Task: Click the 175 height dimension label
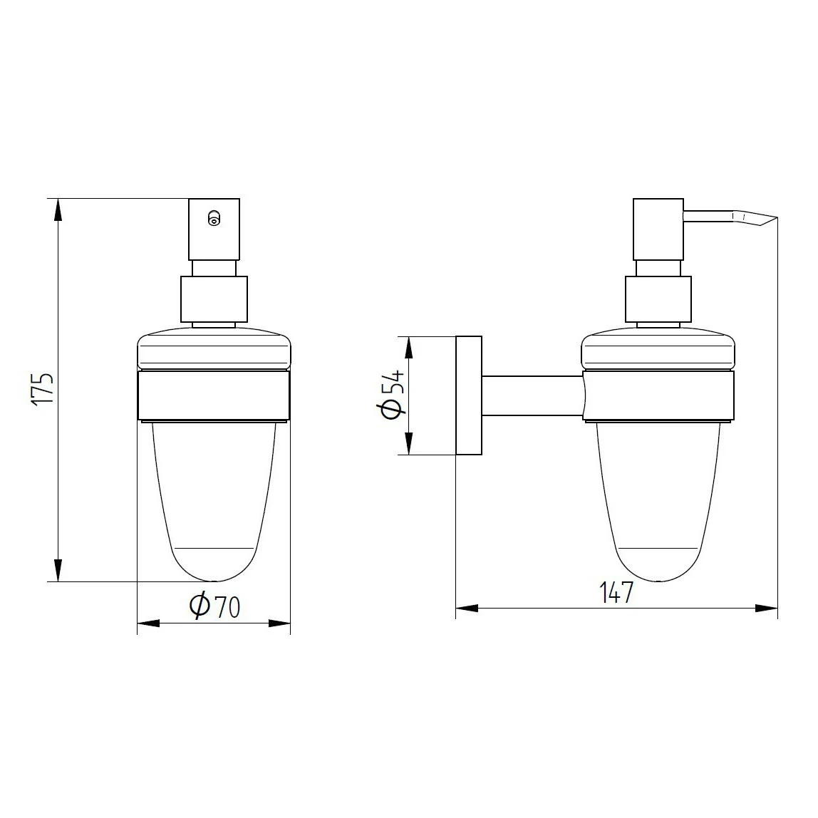pos(43,389)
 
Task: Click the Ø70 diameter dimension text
pos(214,606)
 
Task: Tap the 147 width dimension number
pos(616,591)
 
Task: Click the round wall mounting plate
pos(469,395)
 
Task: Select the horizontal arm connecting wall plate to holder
pos(532,396)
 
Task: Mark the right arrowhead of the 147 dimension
pos(767,608)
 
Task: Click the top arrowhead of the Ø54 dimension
pos(409,347)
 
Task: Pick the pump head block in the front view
pos(214,229)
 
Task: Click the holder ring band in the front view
pos(214,396)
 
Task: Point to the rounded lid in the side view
pos(658,351)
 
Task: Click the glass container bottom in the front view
pos(214,563)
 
